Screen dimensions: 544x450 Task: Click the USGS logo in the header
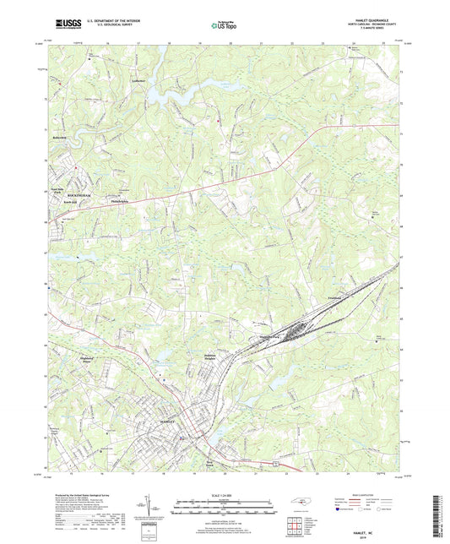pyautogui.click(x=63, y=25)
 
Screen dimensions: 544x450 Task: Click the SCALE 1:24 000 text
pyautogui.click(x=225, y=495)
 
